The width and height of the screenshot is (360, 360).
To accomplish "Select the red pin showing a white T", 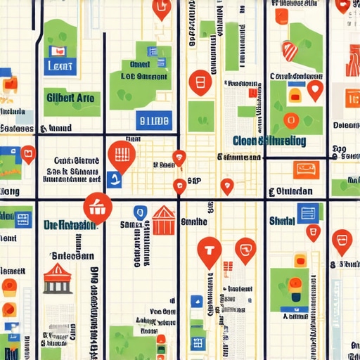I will [209, 250].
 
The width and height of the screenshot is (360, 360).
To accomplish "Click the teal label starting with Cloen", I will [269, 141].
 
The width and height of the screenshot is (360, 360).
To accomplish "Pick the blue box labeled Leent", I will [58, 67].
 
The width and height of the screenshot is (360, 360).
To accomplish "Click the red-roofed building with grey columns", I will [57, 278].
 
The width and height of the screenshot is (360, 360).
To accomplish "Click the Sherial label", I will [281, 221].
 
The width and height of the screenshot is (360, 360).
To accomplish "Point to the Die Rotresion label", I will [69, 226].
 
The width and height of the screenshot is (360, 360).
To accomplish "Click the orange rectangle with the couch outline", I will [307, 169].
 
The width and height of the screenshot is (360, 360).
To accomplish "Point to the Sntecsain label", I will [69, 256].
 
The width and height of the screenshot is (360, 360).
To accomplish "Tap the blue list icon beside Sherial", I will [307, 213].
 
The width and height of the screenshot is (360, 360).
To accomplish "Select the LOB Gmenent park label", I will [143, 76].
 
